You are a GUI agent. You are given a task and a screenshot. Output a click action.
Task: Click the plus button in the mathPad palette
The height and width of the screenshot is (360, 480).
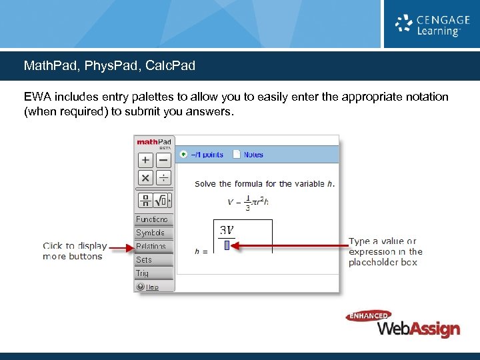(x=145, y=161)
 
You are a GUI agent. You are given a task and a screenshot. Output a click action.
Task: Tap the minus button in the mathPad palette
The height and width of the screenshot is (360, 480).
(x=163, y=161)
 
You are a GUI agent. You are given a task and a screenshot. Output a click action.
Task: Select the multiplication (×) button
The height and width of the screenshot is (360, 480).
(x=145, y=178)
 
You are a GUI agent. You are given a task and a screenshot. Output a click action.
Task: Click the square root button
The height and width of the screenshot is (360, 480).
(x=161, y=200)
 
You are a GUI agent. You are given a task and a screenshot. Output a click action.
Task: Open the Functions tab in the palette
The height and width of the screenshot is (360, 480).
(x=153, y=219)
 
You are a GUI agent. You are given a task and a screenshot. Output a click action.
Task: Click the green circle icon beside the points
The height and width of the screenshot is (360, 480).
(x=183, y=155)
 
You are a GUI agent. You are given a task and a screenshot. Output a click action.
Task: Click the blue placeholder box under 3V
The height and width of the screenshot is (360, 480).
(x=227, y=245)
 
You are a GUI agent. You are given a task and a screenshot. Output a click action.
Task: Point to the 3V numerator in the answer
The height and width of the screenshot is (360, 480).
(x=227, y=230)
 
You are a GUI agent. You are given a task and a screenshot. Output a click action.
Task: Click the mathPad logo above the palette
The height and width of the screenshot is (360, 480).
(x=154, y=142)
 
